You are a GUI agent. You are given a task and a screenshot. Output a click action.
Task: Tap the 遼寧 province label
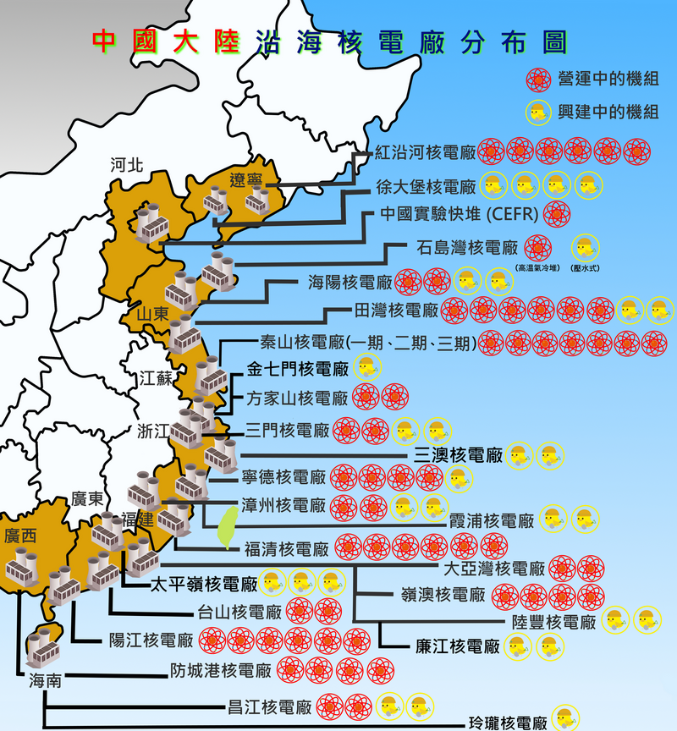[246, 179]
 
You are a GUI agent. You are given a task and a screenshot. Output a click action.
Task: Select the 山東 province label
[152, 315]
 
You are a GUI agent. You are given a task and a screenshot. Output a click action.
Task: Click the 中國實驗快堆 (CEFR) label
[459, 213]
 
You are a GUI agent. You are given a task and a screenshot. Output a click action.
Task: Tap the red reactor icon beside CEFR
[558, 213]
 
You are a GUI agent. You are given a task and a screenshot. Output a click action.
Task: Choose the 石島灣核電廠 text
[467, 248]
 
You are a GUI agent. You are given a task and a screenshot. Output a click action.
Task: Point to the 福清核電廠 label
[286, 549]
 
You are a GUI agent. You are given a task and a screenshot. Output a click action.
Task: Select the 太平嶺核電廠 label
[203, 584]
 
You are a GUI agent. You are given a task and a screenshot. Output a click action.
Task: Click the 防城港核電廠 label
[221, 671]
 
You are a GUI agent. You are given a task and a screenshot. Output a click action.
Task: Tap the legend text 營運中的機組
[608, 79]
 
